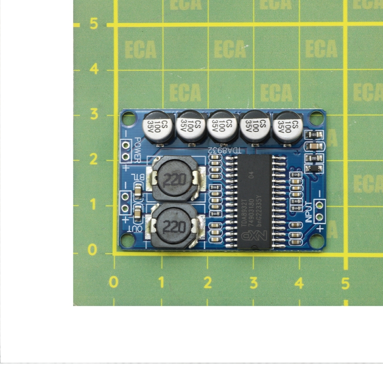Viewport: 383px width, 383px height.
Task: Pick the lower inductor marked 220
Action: [x=173, y=226]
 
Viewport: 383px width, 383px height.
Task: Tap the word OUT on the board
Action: [x=138, y=229]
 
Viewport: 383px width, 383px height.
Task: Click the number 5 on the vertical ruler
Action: [x=94, y=24]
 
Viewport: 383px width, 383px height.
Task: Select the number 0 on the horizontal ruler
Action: [x=113, y=282]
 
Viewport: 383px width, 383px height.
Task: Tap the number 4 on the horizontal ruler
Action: [x=299, y=282]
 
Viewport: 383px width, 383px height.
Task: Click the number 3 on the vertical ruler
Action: [x=94, y=114]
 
